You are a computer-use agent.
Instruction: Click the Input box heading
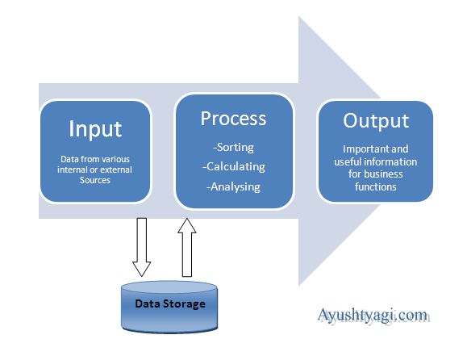pyautogui.click(x=94, y=129)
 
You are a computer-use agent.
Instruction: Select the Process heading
pyautogui.click(x=233, y=118)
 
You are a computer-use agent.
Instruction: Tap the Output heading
pyautogui.click(x=376, y=121)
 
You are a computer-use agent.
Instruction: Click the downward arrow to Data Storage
pyautogui.click(x=142, y=245)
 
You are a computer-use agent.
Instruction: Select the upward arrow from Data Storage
pyautogui.click(x=187, y=245)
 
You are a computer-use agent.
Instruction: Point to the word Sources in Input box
pyautogui.click(x=95, y=181)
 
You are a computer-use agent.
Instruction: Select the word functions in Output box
pyautogui.click(x=375, y=186)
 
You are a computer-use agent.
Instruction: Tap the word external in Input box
pyautogui.click(x=115, y=170)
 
